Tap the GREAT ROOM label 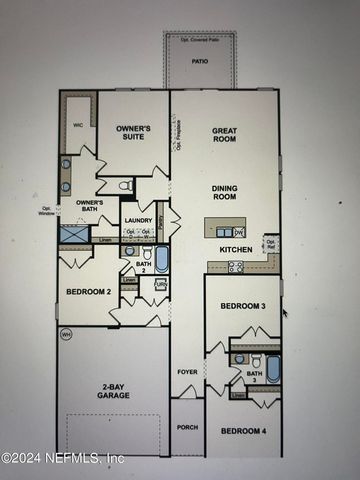coord(223,135)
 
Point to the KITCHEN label coord(236,249)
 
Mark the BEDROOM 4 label coord(242,431)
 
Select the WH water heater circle coord(66,333)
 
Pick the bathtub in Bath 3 coord(273,367)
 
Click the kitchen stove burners coord(236,266)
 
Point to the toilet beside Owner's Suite coord(126,186)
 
